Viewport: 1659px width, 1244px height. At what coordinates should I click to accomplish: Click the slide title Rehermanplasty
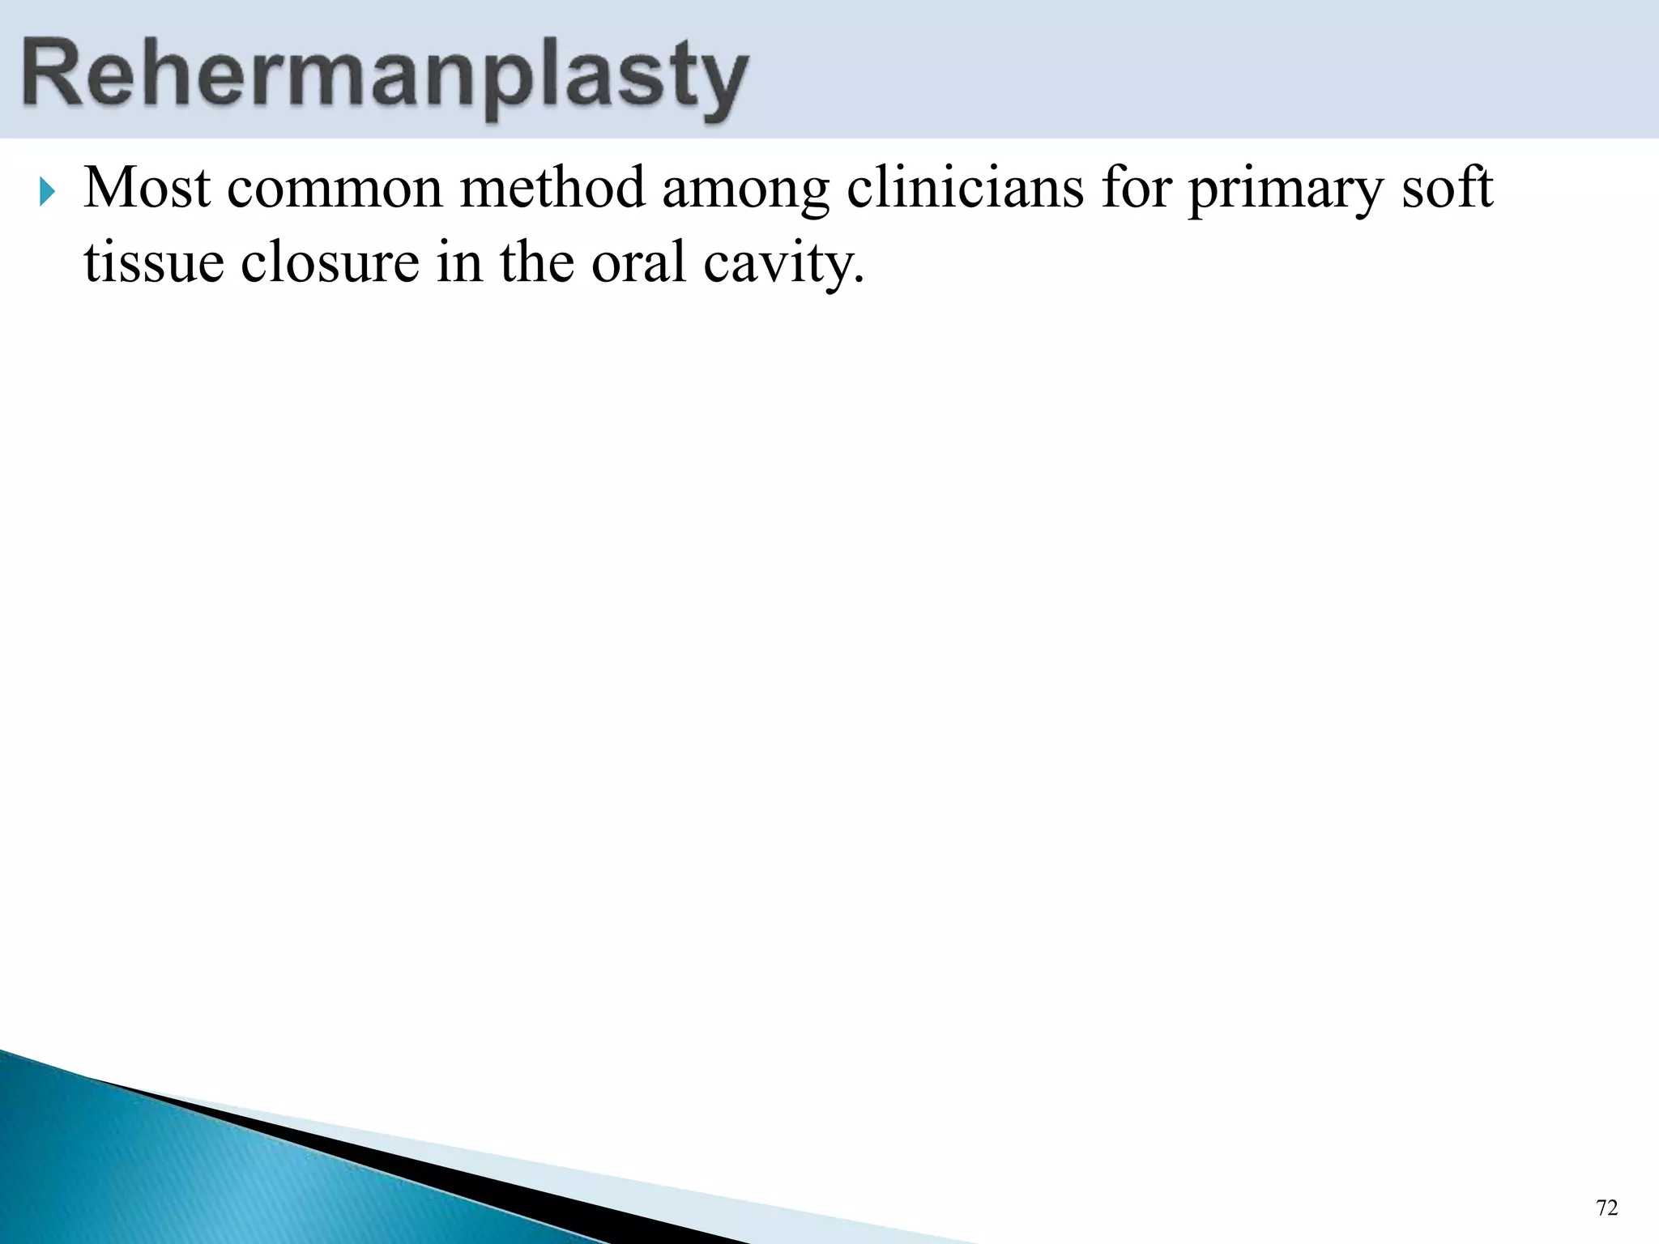click(384, 77)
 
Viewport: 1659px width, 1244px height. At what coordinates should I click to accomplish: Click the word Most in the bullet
click(147, 188)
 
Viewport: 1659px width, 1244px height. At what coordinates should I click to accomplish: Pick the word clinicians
click(965, 188)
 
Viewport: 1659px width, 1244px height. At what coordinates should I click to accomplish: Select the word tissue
click(154, 262)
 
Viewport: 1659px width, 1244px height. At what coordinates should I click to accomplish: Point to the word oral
click(639, 262)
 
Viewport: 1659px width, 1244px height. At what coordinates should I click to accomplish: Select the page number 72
click(1606, 1208)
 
